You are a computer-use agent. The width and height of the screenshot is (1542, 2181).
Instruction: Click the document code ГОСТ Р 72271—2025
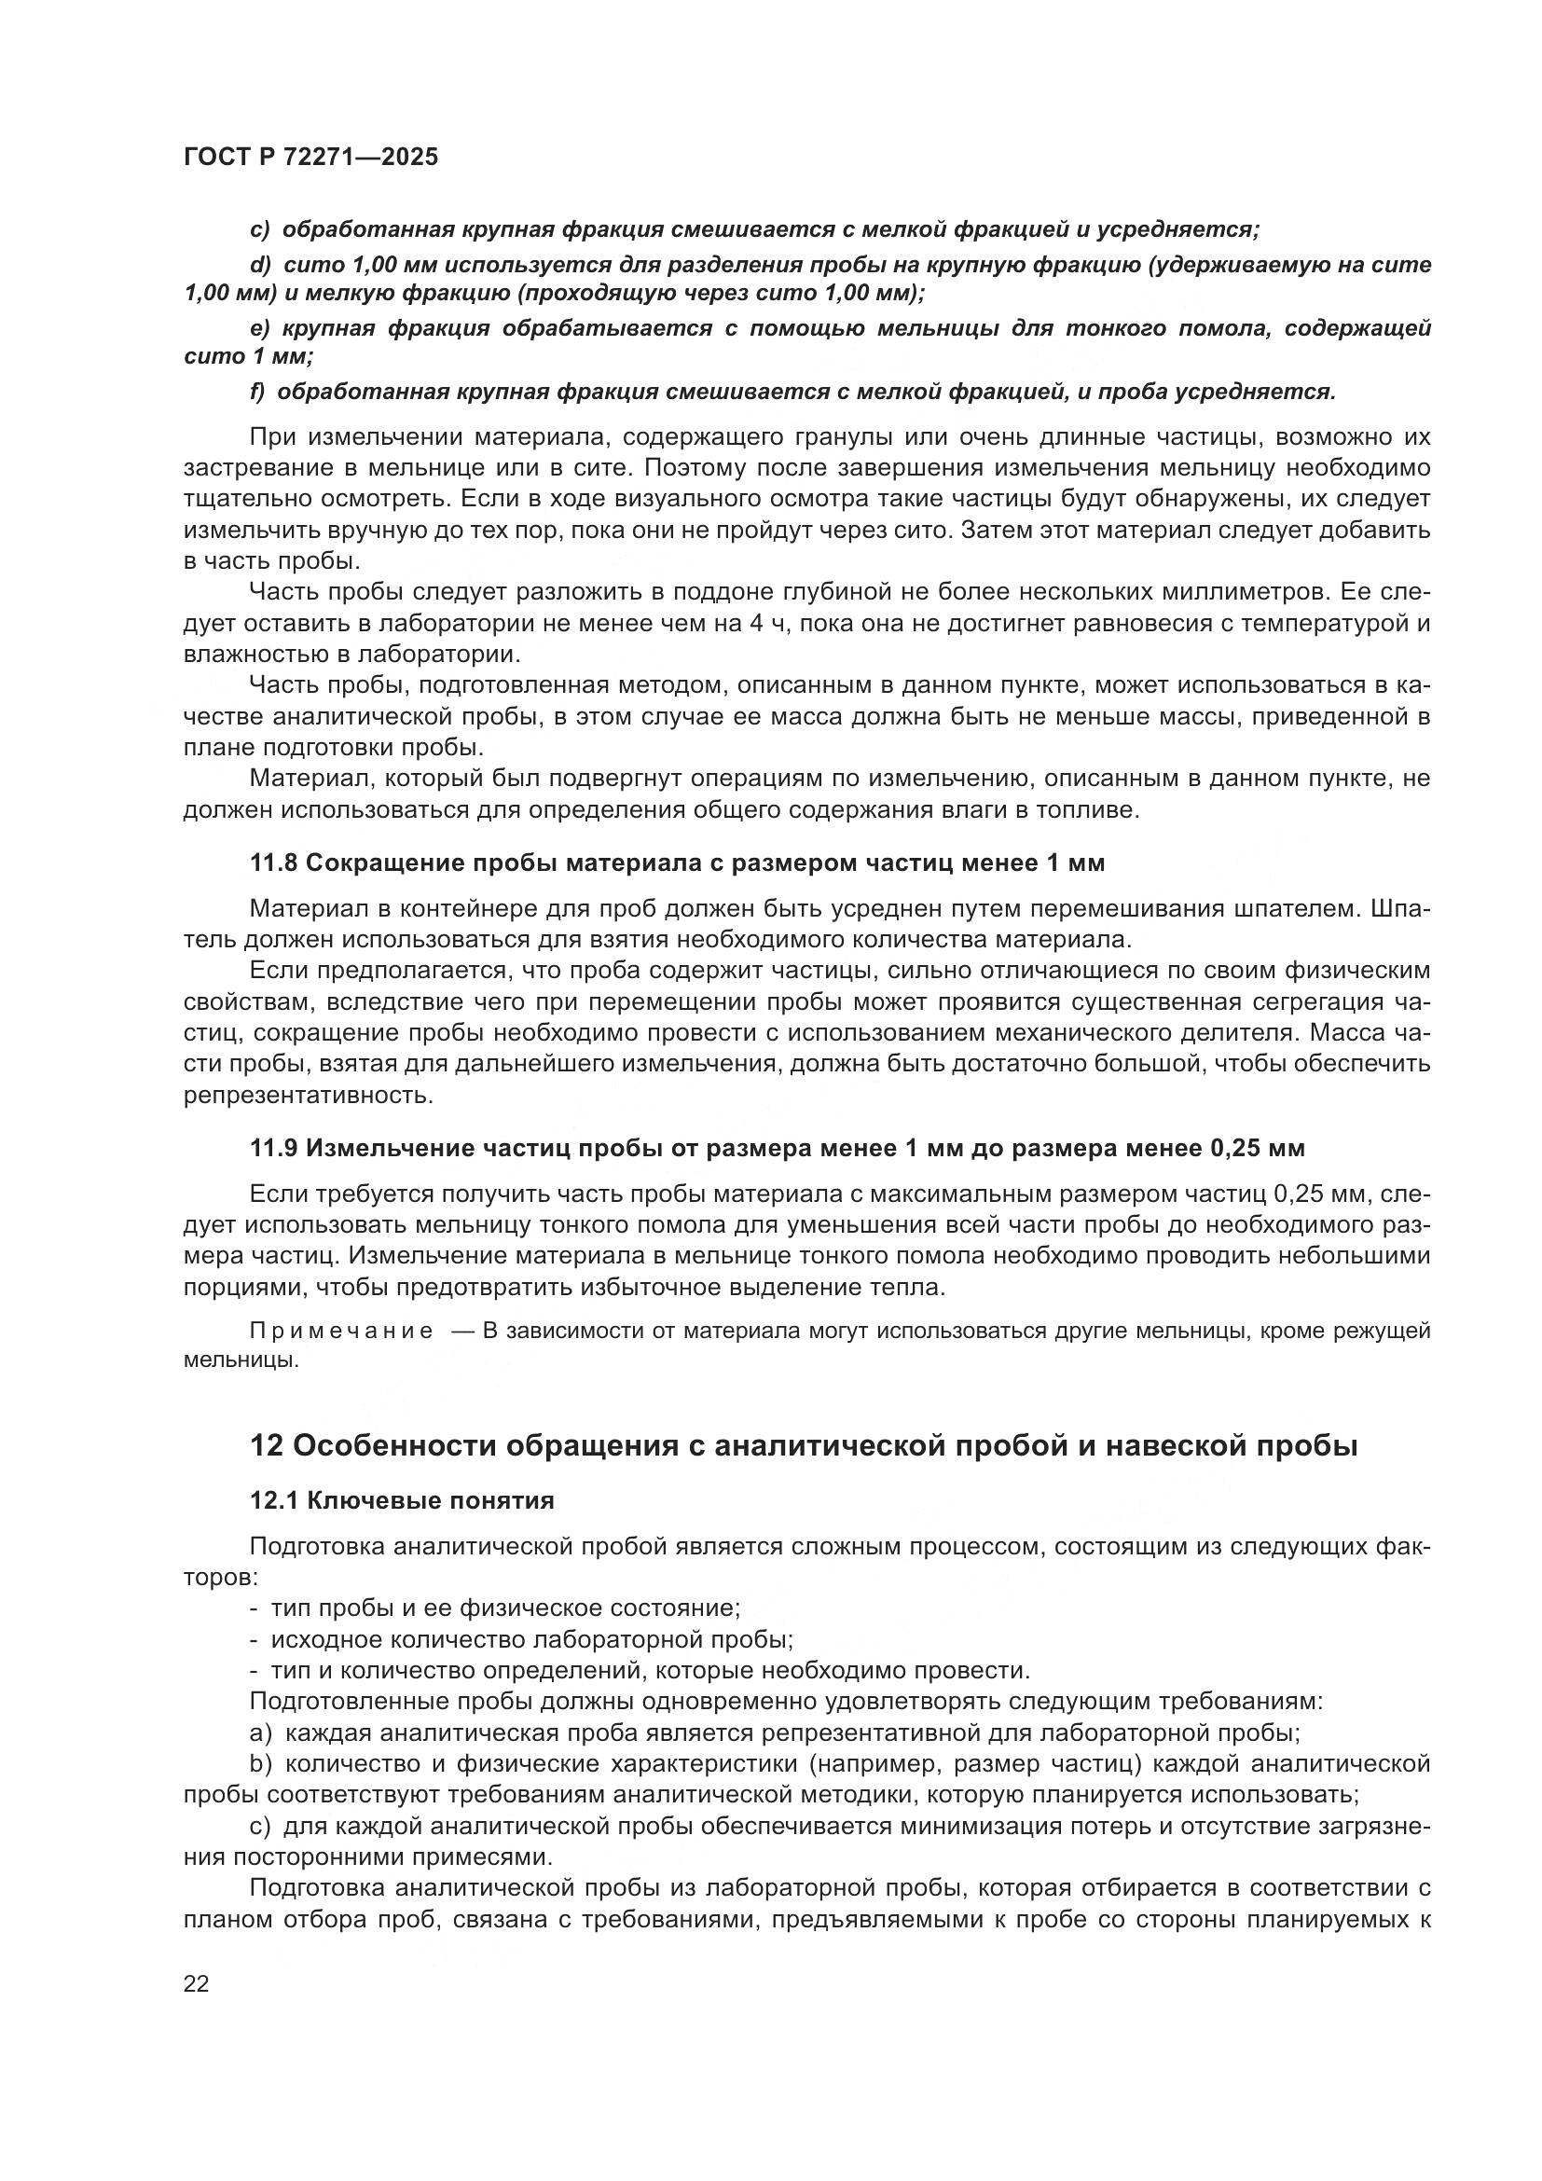pos(311,158)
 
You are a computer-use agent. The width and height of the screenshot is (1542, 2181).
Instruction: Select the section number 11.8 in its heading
pos(274,863)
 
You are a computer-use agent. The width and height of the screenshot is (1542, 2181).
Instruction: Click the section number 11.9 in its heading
pos(274,1148)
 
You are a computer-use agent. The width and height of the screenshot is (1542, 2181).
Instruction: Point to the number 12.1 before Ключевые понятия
pos(274,1500)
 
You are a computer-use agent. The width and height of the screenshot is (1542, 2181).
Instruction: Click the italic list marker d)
pos(260,265)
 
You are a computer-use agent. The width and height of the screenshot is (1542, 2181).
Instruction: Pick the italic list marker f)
pos(257,393)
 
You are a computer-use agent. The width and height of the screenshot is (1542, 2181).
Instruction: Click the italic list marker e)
pos(260,328)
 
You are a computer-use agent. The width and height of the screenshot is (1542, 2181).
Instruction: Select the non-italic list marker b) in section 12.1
pos(261,1764)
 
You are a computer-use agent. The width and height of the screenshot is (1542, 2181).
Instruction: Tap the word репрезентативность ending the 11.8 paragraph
pos(308,1096)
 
